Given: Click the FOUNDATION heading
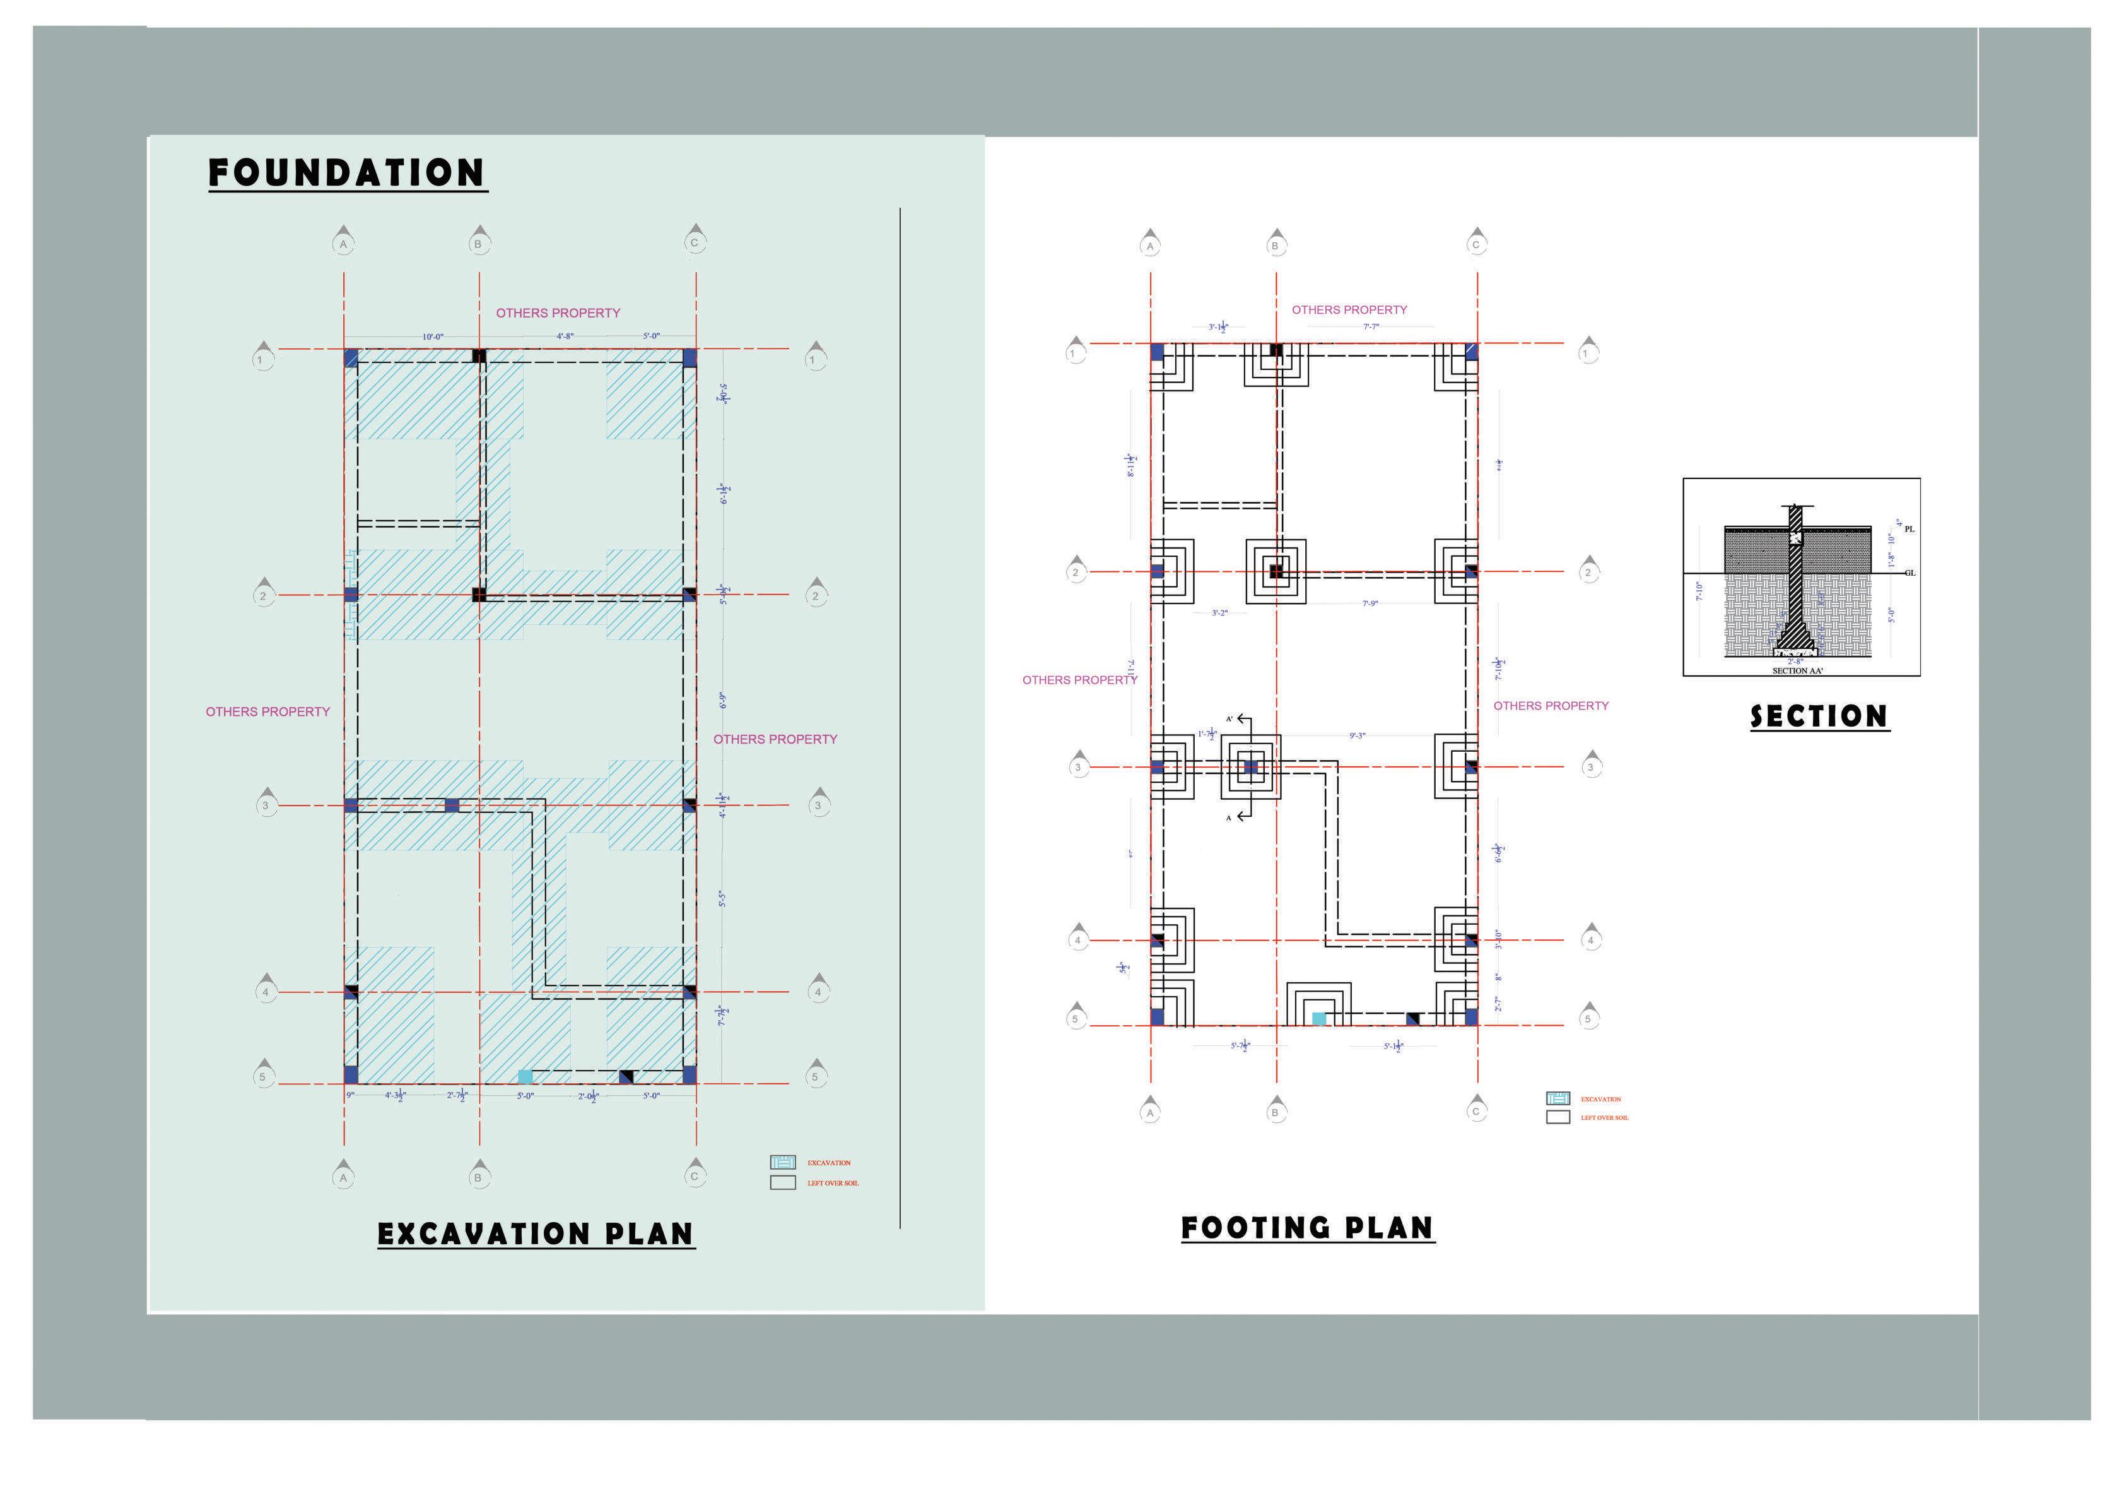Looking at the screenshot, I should point(347,173).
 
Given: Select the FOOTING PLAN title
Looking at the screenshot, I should point(1307,1228).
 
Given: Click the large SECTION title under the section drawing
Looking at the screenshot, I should point(1819,716).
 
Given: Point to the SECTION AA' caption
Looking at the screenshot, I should point(1797,670).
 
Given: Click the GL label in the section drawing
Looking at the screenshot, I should point(1910,573).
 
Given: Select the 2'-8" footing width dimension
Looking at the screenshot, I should point(1795,661).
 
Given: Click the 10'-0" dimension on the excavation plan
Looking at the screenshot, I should point(432,337).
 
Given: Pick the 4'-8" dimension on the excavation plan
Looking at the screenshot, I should point(565,336).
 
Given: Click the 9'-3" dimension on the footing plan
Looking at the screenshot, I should point(1357,736).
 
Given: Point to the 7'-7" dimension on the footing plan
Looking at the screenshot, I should point(1371,327).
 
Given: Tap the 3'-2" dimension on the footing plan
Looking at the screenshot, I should point(1219,613).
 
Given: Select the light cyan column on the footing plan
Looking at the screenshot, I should point(1319,1018).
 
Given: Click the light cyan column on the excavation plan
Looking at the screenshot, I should point(524,1076).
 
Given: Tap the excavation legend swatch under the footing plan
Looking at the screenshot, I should point(1558,1098).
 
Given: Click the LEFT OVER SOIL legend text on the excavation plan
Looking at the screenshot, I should point(833,1183).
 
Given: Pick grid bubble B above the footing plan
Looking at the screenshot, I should point(1276,246).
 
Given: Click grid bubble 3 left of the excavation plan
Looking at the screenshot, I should point(266,805).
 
